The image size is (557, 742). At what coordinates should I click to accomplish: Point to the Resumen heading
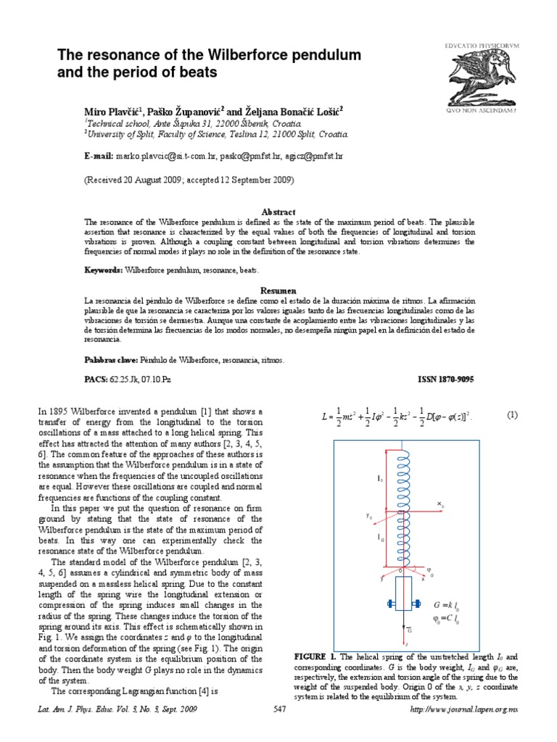278,290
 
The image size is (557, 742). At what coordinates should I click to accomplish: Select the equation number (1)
512,415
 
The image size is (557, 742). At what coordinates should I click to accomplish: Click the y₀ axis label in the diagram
370,516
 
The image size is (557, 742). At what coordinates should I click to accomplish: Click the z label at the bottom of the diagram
407,643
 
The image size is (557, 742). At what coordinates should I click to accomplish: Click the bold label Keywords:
104,270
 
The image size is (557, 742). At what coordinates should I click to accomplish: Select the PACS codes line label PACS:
96,379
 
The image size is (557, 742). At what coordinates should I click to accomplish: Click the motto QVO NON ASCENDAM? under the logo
482,111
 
